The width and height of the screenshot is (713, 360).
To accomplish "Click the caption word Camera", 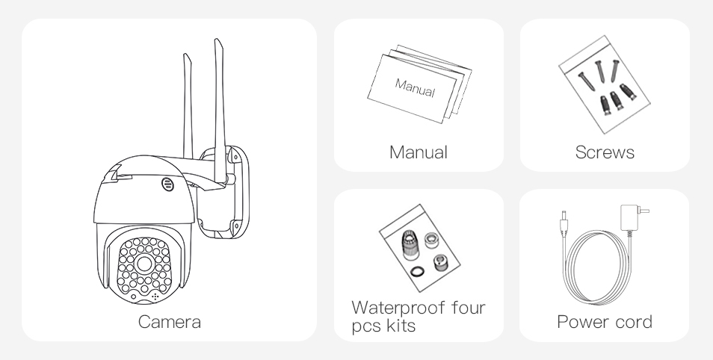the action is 169,322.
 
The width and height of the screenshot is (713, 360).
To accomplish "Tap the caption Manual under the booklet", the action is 419,152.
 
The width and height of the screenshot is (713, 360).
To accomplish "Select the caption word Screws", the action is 605,152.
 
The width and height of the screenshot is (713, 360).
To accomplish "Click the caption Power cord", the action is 605,322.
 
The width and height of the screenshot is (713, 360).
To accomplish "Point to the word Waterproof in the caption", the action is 398,308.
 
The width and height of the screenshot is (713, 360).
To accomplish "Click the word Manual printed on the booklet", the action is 415,87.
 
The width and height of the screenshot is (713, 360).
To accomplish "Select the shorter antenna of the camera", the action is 188,106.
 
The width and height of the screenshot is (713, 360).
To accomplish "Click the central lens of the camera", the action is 144,263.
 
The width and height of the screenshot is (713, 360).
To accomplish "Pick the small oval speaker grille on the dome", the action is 167,184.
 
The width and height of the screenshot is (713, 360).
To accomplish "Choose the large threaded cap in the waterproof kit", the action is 410,244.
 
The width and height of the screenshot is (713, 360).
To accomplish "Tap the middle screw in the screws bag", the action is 600,72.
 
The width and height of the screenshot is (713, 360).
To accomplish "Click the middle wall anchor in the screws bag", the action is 616,100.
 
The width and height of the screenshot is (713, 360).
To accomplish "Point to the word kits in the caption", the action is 401,326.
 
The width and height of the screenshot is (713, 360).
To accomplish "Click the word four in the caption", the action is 469,308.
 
